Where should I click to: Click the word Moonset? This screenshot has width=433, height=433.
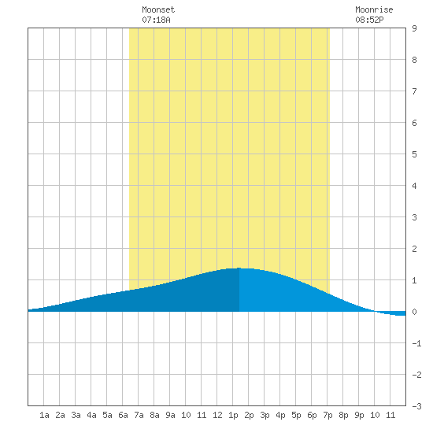(158, 9)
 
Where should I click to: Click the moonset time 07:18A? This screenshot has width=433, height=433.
(156, 20)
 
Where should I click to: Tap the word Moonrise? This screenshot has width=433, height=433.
(374, 9)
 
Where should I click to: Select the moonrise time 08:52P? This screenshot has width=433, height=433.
(369, 20)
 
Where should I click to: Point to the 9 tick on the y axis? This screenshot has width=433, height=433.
(414, 28)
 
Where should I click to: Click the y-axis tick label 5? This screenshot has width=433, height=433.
(414, 154)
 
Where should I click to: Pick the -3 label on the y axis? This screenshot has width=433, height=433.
(416, 406)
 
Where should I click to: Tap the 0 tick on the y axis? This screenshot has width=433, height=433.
(414, 312)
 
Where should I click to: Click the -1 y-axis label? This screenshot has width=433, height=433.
(416, 343)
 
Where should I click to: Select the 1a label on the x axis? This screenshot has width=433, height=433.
(44, 415)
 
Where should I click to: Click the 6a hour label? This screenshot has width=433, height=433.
(123, 415)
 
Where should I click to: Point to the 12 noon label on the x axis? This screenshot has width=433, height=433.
(217, 415)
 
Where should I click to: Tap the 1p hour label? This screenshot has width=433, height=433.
(233, 415)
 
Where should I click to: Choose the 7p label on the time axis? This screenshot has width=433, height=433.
(328, 415)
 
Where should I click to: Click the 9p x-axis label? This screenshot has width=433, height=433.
(359, 415)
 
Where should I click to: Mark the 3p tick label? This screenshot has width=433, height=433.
(265, 415)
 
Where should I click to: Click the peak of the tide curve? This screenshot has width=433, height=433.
(239, 268)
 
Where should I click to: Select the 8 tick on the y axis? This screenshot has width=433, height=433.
(414, 60)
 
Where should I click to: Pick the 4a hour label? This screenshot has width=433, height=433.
(91, 415)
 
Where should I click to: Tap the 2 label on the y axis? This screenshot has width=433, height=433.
(414, 249)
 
